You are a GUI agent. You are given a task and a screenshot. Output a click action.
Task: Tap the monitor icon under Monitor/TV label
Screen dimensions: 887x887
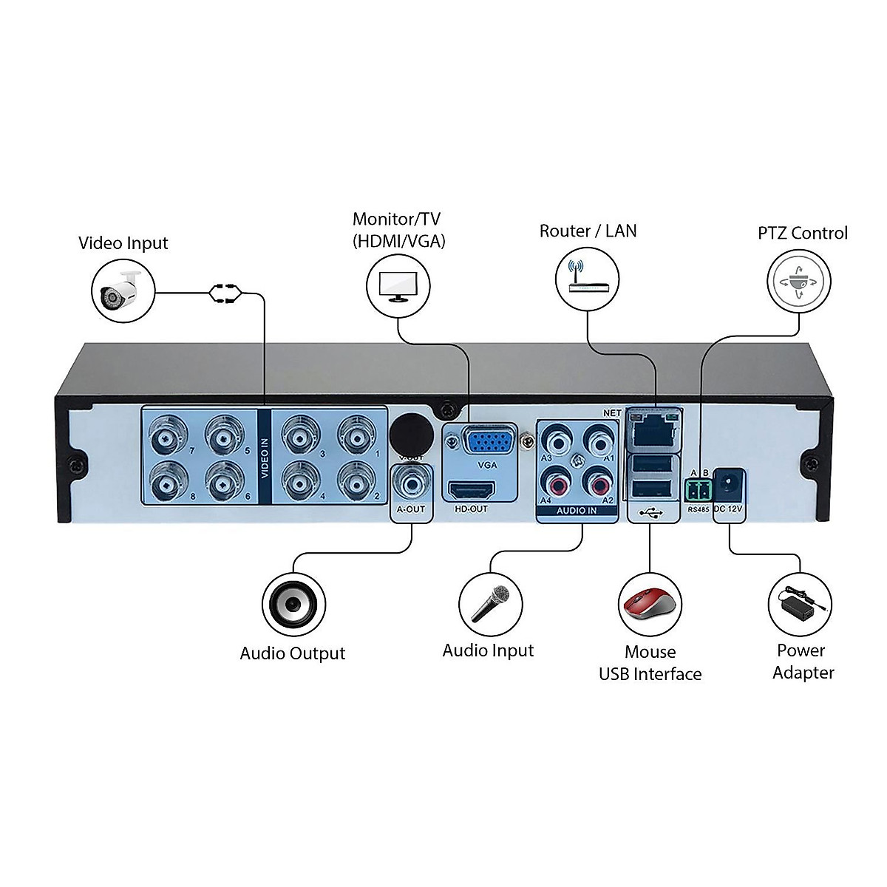pos(398,286)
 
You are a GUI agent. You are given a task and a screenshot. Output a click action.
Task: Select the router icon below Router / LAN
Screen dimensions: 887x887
pos(587,279)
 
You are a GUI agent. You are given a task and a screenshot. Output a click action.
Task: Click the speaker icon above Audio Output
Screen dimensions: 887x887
pos(293,604)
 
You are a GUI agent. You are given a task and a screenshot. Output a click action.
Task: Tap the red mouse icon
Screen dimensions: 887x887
pos(650,604)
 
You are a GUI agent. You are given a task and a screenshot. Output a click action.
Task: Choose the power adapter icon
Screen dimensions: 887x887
pos(801,604)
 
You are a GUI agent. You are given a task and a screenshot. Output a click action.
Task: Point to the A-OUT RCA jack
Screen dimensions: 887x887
pos(411,484)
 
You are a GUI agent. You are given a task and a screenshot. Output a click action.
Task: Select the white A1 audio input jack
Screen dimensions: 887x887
pos(599,442)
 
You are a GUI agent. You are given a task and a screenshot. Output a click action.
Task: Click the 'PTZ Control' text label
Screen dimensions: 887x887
pos(803,234)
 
